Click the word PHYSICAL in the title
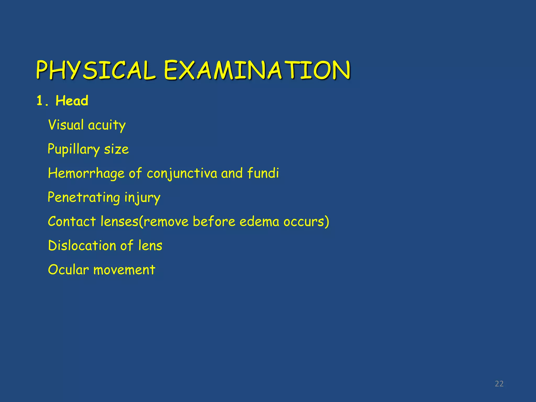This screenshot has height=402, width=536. [96, 70]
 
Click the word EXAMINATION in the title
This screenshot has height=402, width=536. [257, 70]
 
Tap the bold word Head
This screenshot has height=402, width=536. [72, 101]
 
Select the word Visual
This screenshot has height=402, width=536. [66, 125]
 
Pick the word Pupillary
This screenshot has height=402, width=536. [74, 149]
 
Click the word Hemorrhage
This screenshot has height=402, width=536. [86, 174]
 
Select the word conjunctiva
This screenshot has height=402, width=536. [182, 174]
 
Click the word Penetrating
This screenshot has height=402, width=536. [84, 198]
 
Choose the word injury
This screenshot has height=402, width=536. [142, 198]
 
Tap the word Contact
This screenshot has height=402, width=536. [72, 221]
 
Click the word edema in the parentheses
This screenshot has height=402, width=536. [259, 221]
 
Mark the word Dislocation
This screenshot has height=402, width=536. [82, 246]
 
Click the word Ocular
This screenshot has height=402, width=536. [68, 270]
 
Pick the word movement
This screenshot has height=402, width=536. [124, 270]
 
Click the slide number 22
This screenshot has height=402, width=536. [499, 384]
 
